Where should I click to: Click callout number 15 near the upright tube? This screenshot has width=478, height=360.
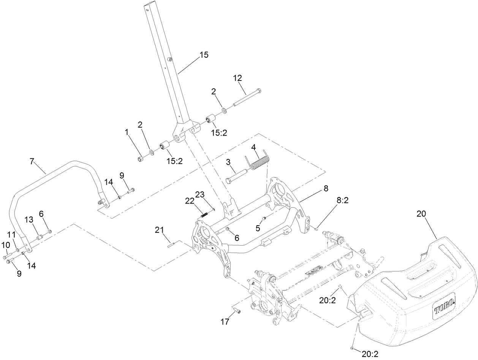pyautogui.click(x=204, y=55)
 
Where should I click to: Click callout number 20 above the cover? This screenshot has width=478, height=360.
pyautogui.click(x=421, y=214)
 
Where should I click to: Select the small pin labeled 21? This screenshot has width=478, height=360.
pyautogui.click(x=170, y=245)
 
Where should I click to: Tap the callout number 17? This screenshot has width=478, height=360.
pyautogui.click(x=225, y=322)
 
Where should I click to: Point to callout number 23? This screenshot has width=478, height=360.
pyautogui.click(x=200, y=194)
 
